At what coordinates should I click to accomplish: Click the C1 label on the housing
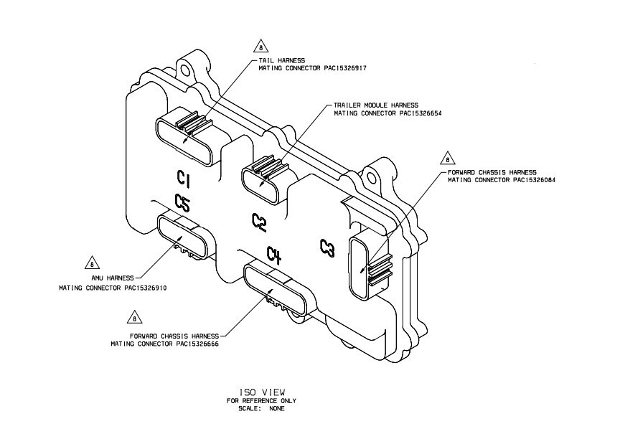point(182,177)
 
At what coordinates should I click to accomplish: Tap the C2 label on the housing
point(259,223)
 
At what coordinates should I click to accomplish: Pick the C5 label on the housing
point(182,203)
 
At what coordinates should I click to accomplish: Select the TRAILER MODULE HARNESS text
point(375,105)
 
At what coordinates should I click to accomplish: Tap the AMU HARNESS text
point(111,278)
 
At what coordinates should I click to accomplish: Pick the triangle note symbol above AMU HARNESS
point(91,262)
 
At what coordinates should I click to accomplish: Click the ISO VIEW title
point(261,392)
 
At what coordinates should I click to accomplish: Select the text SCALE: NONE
point(261,409)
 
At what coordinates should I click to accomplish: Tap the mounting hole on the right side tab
point(372,173)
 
